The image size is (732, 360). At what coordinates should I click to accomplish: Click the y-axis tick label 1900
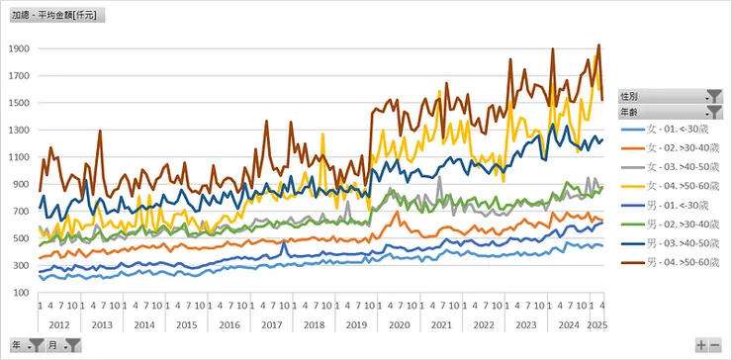tap(20, 48)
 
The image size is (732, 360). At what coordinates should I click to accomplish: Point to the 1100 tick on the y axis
tap(20, 157)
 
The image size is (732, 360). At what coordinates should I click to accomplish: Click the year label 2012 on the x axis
tap(58, 324)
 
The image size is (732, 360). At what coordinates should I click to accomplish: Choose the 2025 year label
tap(596, 324)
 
